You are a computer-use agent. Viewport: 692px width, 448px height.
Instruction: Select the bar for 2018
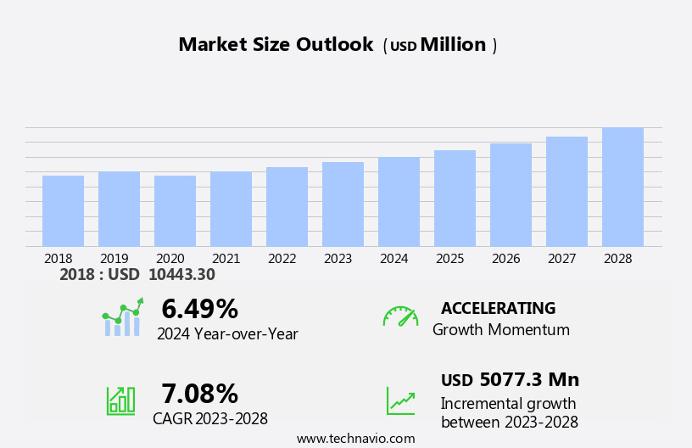63,211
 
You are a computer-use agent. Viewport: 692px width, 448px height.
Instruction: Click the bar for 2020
175,211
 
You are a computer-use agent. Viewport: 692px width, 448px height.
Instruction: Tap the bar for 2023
343,204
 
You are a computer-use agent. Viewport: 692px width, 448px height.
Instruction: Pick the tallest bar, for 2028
622,188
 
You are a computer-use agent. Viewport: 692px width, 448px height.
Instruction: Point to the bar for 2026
511,195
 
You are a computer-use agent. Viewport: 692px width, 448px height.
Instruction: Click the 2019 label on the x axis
114,259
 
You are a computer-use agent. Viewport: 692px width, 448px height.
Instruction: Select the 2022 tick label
282,259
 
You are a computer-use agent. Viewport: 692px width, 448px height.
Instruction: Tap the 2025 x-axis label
450,259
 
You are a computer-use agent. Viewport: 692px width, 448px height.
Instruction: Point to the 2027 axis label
562,259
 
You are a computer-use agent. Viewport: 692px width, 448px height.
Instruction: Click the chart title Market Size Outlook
276,45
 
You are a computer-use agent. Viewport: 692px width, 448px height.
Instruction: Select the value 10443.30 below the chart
181,275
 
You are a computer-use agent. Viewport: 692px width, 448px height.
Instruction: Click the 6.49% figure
199,309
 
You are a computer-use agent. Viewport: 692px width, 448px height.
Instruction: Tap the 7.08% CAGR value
199,394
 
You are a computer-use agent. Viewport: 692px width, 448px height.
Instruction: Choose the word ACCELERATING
498,309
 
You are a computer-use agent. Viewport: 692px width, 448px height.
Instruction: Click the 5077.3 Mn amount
529,380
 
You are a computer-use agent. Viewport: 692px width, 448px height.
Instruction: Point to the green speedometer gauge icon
400,317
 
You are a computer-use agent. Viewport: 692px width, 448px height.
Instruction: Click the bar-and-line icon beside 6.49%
122,318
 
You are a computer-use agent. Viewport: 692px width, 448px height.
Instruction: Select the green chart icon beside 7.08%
120,400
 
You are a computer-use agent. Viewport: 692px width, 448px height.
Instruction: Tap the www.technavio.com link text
355,439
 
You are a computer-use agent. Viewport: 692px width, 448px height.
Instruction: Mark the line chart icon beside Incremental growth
400,400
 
